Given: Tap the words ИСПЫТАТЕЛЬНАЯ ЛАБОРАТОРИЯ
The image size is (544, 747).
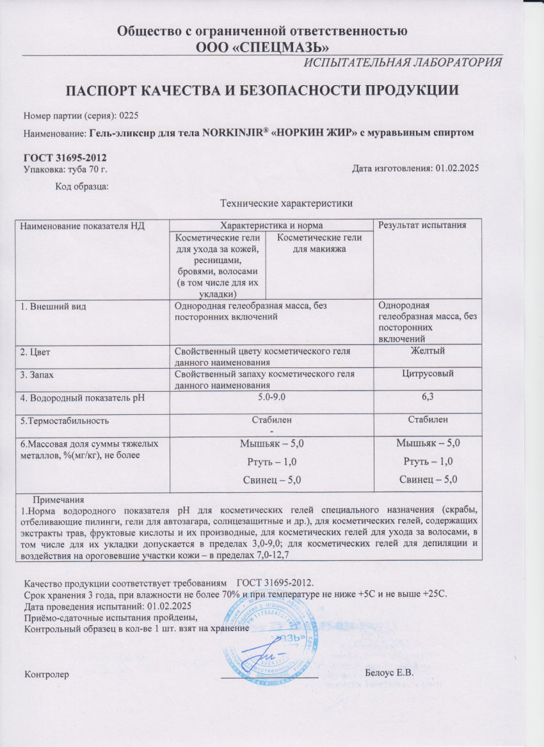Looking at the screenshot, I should pyautogui.click(x=403, y=62).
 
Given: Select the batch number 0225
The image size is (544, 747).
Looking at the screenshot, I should pyautogui.click(x=128, y=116).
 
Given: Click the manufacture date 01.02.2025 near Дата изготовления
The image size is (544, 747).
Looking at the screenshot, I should pyautogui.click(x=458, y=168).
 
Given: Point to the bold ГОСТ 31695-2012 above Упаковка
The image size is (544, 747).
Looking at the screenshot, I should pyautogui.click(x=65, y=158).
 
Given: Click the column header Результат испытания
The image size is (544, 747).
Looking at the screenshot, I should pyautogui.click(x=422, y=225).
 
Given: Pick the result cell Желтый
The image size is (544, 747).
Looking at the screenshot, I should pyautogui.click(x=427, y=350).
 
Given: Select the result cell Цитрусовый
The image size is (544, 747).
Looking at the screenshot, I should pyautogui.click(x=427, y=373).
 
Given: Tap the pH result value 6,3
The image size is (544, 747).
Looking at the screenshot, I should pyautogui.click(x=427, y=398).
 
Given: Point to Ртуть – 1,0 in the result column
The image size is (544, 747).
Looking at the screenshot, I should pyautogui.click(x=427, y=461).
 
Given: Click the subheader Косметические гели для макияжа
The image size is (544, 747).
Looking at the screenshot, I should pyautogui.click(x=318, y=243).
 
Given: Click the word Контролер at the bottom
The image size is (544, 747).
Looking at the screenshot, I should pyautogui.click(x=45, y=674).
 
